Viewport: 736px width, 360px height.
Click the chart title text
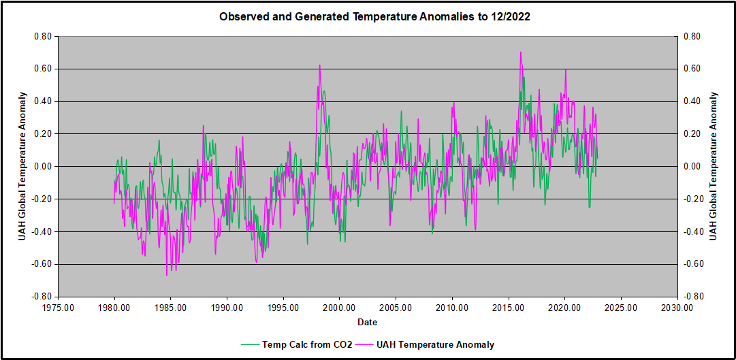pos(374,17)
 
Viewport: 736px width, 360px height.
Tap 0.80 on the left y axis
pos(43,37)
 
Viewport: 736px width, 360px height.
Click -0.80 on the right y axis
pos(692,297)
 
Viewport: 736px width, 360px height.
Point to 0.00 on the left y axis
pos(43,167)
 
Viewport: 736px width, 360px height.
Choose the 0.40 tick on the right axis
pos(692,101)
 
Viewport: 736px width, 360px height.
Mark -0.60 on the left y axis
pos(42,264)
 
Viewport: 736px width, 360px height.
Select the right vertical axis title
pos(713,166)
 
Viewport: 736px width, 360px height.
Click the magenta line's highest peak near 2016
pos(521,52)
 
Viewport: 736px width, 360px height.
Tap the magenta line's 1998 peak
pos(319,65)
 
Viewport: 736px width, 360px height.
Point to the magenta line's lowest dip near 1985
pos(167,275)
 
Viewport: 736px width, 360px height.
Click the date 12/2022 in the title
pos(507,17)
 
